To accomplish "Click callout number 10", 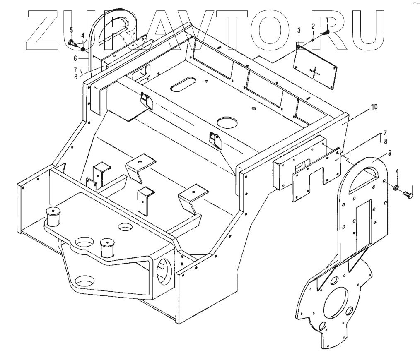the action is [x=374, y=107].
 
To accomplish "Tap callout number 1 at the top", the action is [x=326, y=20].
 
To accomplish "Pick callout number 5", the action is [x=71, y=30].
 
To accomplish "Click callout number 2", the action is [x=313, y=26].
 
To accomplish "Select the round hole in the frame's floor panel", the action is [x=226, y=122].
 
